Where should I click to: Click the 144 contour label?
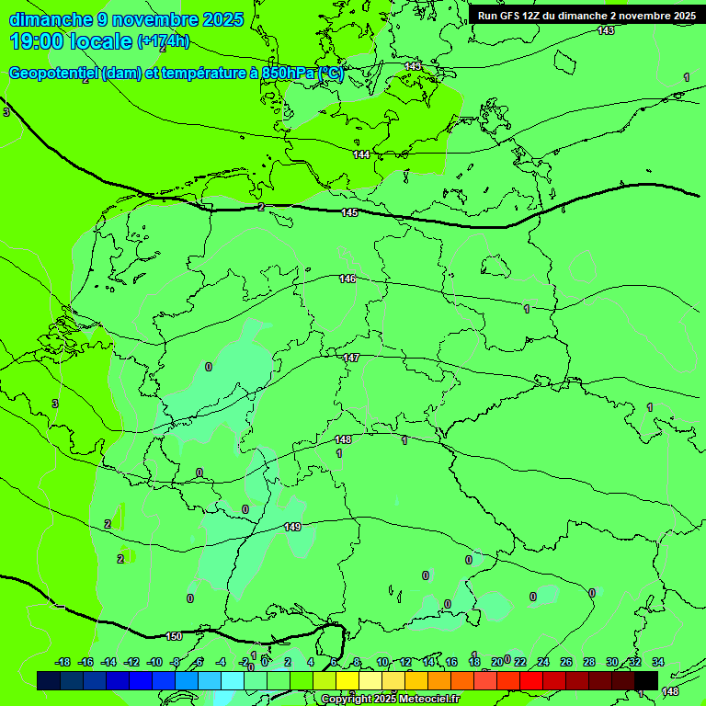tap(361, 154)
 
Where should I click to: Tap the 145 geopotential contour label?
tap(349, 213)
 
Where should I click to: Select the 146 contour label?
tap(347, 279)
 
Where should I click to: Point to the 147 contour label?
tap(351, 358)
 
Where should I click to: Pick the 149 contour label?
tap(292, 527)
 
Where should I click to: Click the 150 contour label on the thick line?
tap(174, 636)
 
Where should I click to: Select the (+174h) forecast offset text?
tap(164, 41)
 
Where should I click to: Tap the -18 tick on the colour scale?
tap(63, 662)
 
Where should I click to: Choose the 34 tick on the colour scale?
tap(658, 662)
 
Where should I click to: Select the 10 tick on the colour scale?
tap(382, 662)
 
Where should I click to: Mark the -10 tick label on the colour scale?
tap(154, 662)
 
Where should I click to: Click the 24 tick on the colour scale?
tap(543, 662)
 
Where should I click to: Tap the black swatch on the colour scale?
tap(646, 680)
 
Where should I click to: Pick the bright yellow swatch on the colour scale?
tap(347, 680)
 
